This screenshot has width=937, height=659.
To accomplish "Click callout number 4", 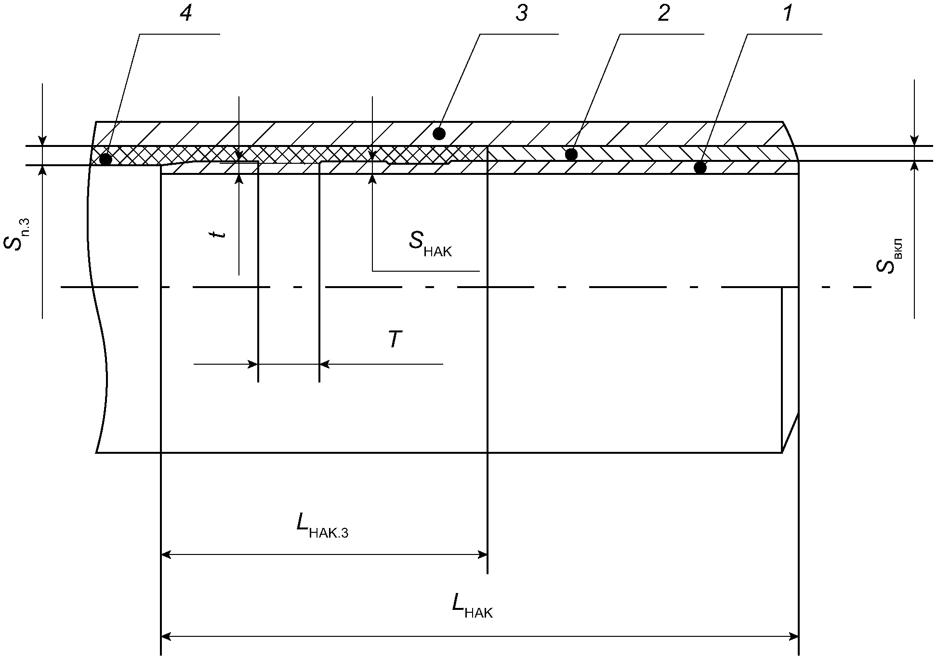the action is click(185, 14).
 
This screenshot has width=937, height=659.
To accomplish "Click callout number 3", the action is click(521, 14).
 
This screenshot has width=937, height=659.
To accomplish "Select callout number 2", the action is click(663, 14).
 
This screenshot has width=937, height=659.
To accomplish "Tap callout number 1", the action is click(787, 14).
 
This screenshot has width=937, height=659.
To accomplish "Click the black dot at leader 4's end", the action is click(106, 158).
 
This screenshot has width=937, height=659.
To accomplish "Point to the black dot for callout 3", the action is click(439, 133).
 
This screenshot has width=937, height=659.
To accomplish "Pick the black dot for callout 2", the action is click(571, 154).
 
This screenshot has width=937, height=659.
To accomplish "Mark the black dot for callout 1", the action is click(700, 168).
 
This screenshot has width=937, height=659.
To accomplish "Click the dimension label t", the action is click(220, 234).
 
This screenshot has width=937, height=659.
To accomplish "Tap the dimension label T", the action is click(395, 339).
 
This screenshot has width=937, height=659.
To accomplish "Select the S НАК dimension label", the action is click(431, 244).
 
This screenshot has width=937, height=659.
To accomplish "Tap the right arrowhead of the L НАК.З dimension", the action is click(481, 554).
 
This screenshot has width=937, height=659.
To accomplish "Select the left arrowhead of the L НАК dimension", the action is click(167, 636).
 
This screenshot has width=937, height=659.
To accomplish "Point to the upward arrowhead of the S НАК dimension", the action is click(372, 179).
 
